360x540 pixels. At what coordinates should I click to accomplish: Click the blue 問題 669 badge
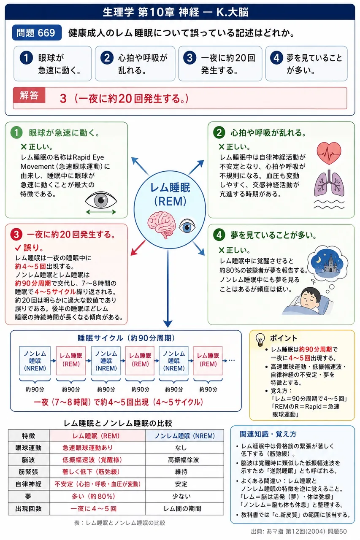(x=37, y=32)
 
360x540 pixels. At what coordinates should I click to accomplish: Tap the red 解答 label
(x=29, y=95)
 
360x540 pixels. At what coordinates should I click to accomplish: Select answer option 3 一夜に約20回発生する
(x=220, y=64)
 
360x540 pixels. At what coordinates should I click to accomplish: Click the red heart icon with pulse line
(x=329, y=153)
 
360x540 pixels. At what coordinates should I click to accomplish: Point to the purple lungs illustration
(x=329, y=183)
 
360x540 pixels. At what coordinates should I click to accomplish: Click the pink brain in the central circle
(x=161, y=225)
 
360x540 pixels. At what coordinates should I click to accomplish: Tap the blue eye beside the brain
(x=187, y=226)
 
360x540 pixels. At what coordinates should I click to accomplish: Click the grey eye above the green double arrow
(x=101, y=200)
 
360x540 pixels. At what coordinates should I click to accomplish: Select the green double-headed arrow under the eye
(x=101, y=212)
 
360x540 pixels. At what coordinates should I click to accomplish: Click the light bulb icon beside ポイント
(x=260, y=340)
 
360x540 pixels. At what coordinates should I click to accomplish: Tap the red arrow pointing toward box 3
(x=138, y=248)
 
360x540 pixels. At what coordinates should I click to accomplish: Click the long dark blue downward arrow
(x=168, y=289)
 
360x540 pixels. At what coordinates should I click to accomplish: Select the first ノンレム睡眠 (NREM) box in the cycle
(x=35, y=361)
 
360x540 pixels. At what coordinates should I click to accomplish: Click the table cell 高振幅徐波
(x=184, y=460)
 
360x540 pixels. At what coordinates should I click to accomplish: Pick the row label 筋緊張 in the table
(x=28, y=472)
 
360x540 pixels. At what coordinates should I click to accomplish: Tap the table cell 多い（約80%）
(x=94, y=497)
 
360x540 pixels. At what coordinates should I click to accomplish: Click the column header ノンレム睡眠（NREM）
(x=185, y=436)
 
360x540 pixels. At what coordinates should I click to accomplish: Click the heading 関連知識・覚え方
(x=268, y=434)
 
